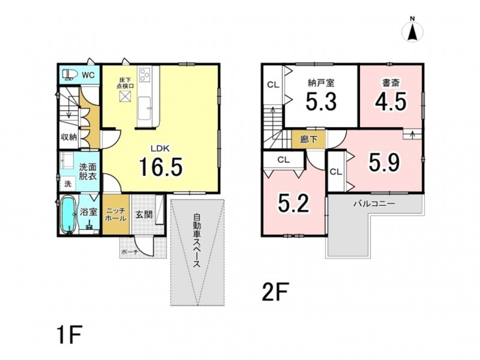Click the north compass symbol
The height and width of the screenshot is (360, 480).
pos(412,30)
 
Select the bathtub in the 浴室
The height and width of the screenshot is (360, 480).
pos(68,215)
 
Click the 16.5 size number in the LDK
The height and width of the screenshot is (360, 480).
pos(161,167)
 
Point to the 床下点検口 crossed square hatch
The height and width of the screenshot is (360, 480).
pos(125,97)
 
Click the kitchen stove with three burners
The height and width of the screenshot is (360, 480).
pos(144,74)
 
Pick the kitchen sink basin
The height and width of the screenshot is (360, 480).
pos(144,108)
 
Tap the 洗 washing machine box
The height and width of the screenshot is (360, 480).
pos(68,184)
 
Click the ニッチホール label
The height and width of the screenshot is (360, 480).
pos(115,215)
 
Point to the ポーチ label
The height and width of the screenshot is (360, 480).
pos(130,252)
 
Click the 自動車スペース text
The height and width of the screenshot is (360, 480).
pos(197,241)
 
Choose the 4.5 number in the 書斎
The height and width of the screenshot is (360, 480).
pos(391,101)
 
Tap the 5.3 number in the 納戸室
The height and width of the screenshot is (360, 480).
pos(322,101)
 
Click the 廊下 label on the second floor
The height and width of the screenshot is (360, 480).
pos(308,140)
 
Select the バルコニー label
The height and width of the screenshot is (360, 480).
pos(374,203)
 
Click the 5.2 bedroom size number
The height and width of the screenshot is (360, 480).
pos(293,203)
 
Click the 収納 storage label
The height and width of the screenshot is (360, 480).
pos(68,137)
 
